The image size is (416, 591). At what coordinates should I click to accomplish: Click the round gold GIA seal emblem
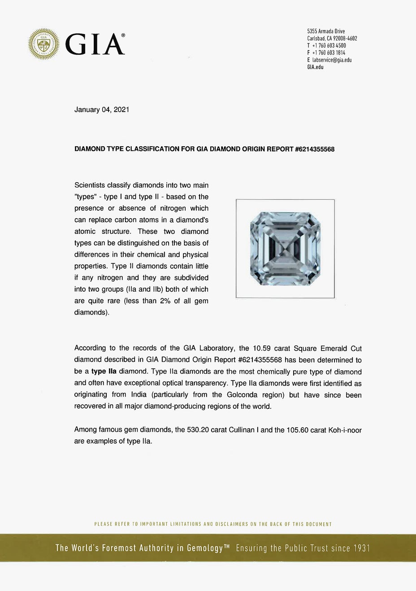[44, 44]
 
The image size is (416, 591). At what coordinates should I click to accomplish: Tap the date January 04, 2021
[102, 109]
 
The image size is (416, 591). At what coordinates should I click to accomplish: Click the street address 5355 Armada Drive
[326, 31]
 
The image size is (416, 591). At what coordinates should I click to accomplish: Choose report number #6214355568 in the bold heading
[315, 149]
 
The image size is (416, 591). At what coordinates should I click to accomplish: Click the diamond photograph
[285, 249]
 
